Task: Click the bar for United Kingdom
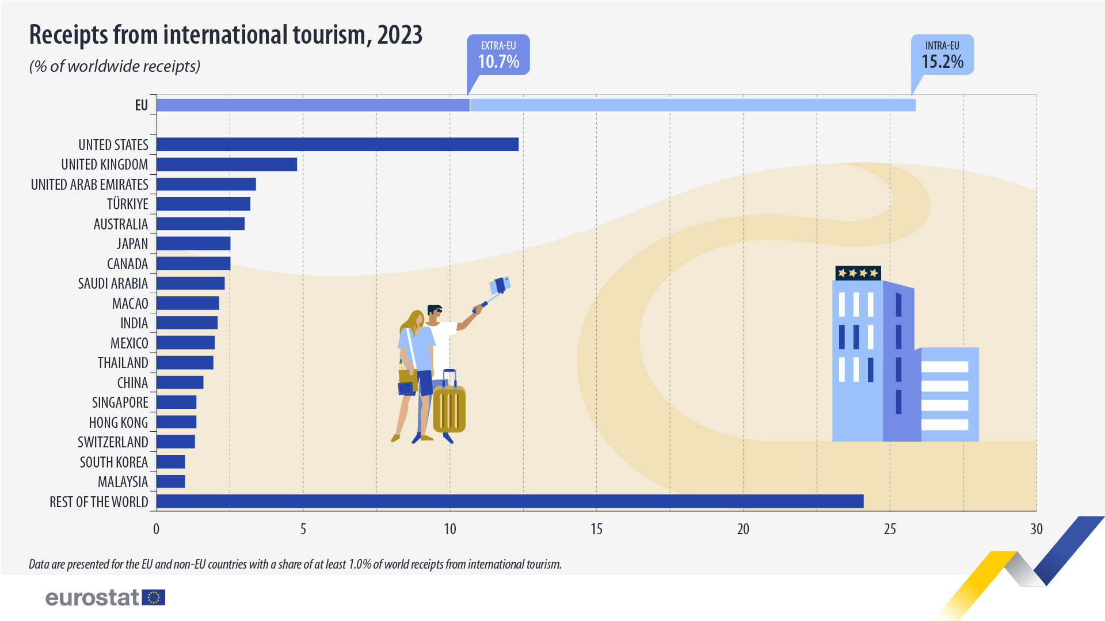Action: pos(226,164)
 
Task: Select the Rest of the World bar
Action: pos(509,501)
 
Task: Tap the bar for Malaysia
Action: pos(170,481)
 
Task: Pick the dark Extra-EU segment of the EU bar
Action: pos(313,105)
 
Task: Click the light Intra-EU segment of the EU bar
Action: pos(692,105)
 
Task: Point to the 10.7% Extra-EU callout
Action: pos(498,55)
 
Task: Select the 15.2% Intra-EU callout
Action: pos(942,55)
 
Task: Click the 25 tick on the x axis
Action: pos(890,529)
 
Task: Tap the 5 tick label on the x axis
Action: pos(303,529)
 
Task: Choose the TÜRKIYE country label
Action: pos(127,204)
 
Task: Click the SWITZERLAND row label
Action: pos(113,442)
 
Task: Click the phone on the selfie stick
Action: pos(500,285)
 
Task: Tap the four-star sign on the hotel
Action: pos(858,273)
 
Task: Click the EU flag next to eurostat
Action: pos(154,597)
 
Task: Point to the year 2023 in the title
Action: pos(400,35)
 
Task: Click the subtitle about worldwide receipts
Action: pos(115,66)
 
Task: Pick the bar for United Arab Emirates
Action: pos(206,185)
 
